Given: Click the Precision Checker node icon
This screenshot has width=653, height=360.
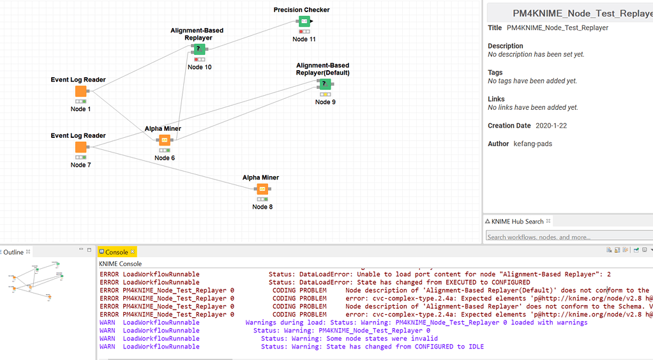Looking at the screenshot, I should point(304,22).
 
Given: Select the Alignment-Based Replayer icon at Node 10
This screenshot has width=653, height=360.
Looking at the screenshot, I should point(199,49).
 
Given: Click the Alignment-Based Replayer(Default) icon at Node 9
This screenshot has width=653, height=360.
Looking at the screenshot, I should point(324,84).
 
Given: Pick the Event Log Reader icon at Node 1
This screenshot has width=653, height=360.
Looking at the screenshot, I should point(80,92).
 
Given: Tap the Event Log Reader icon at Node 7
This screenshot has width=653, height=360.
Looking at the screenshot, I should point(80,147).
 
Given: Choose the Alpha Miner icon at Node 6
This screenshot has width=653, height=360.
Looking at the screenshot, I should point(164,140).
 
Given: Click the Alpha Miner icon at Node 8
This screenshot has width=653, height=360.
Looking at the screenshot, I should point(262,190).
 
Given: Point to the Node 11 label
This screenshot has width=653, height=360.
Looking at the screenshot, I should point(304,40).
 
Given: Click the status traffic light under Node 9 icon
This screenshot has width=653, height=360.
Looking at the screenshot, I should point(324,94).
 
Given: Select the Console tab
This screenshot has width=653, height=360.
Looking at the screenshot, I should point(116,252).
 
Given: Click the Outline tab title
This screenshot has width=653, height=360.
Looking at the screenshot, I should point(13,252).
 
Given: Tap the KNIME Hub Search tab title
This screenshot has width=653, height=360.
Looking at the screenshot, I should point(517,221).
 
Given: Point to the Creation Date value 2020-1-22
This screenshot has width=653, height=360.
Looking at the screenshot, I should point(551,126).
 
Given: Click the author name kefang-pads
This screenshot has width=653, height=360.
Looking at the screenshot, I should point(533,144).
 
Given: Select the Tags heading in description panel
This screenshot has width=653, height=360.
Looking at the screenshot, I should point(495,73).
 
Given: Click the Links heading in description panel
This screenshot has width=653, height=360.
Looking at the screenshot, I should point(497,99).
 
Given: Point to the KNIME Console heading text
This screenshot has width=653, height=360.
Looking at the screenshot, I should point(120,264).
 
